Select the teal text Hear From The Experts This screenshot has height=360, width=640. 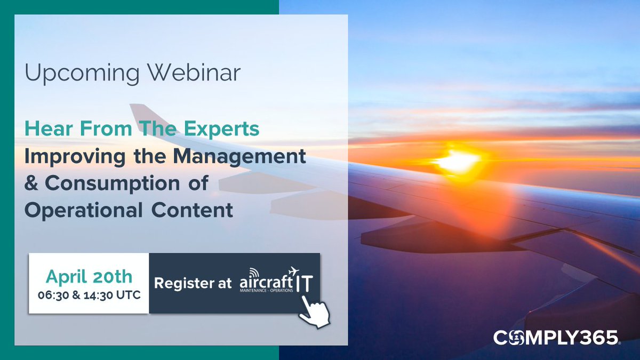142,129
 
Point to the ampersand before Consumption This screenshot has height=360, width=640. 32,183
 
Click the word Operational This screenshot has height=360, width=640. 79,210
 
